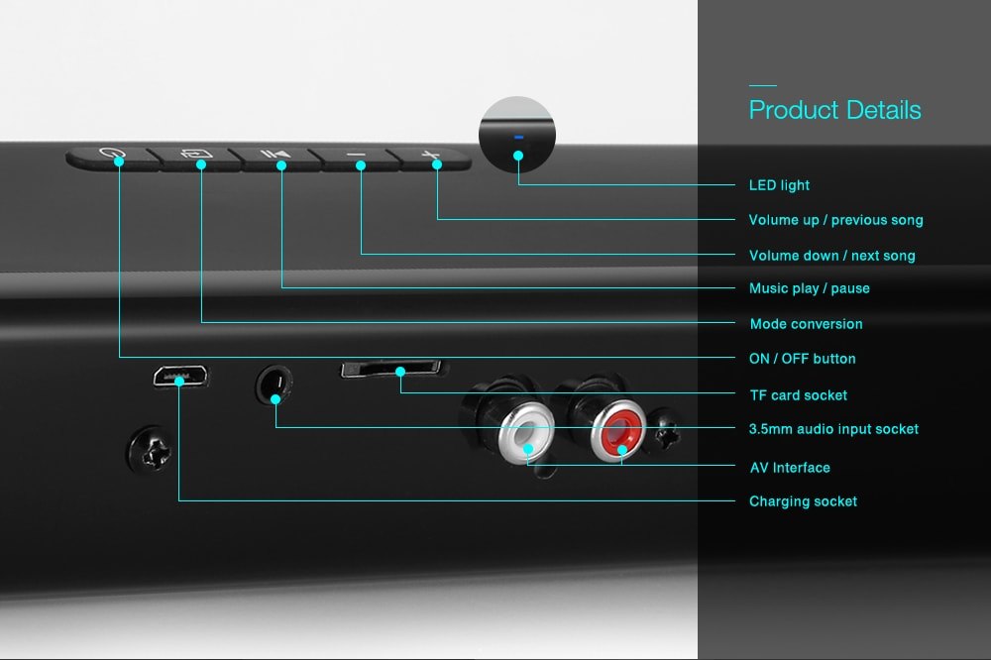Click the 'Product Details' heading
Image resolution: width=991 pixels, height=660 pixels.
coord(834,110)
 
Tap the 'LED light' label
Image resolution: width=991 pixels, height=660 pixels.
coord(779,185)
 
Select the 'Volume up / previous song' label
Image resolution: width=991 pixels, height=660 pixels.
coord(835,220)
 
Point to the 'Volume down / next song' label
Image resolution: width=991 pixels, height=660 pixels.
coord(831,256)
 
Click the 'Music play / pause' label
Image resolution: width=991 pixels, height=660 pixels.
coord(809,288)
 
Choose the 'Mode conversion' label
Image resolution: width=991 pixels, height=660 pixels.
coord(806,324)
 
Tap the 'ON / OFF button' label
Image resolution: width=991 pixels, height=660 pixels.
coord(802,359)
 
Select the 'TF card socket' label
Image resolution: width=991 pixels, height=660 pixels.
coord(798,395)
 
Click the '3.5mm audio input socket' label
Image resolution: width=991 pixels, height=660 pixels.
coord(833,429)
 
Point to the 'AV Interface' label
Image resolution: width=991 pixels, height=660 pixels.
coord(790,468)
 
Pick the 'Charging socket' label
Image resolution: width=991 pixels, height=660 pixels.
coord(803,501)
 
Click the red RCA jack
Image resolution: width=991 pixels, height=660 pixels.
coord(619,431)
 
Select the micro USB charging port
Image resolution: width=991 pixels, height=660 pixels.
coord(180,377)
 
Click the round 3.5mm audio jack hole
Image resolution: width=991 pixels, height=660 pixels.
coord(275,385)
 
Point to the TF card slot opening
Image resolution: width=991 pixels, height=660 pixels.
coord(391,369)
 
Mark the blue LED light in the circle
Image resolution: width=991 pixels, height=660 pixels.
coord(518,137)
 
